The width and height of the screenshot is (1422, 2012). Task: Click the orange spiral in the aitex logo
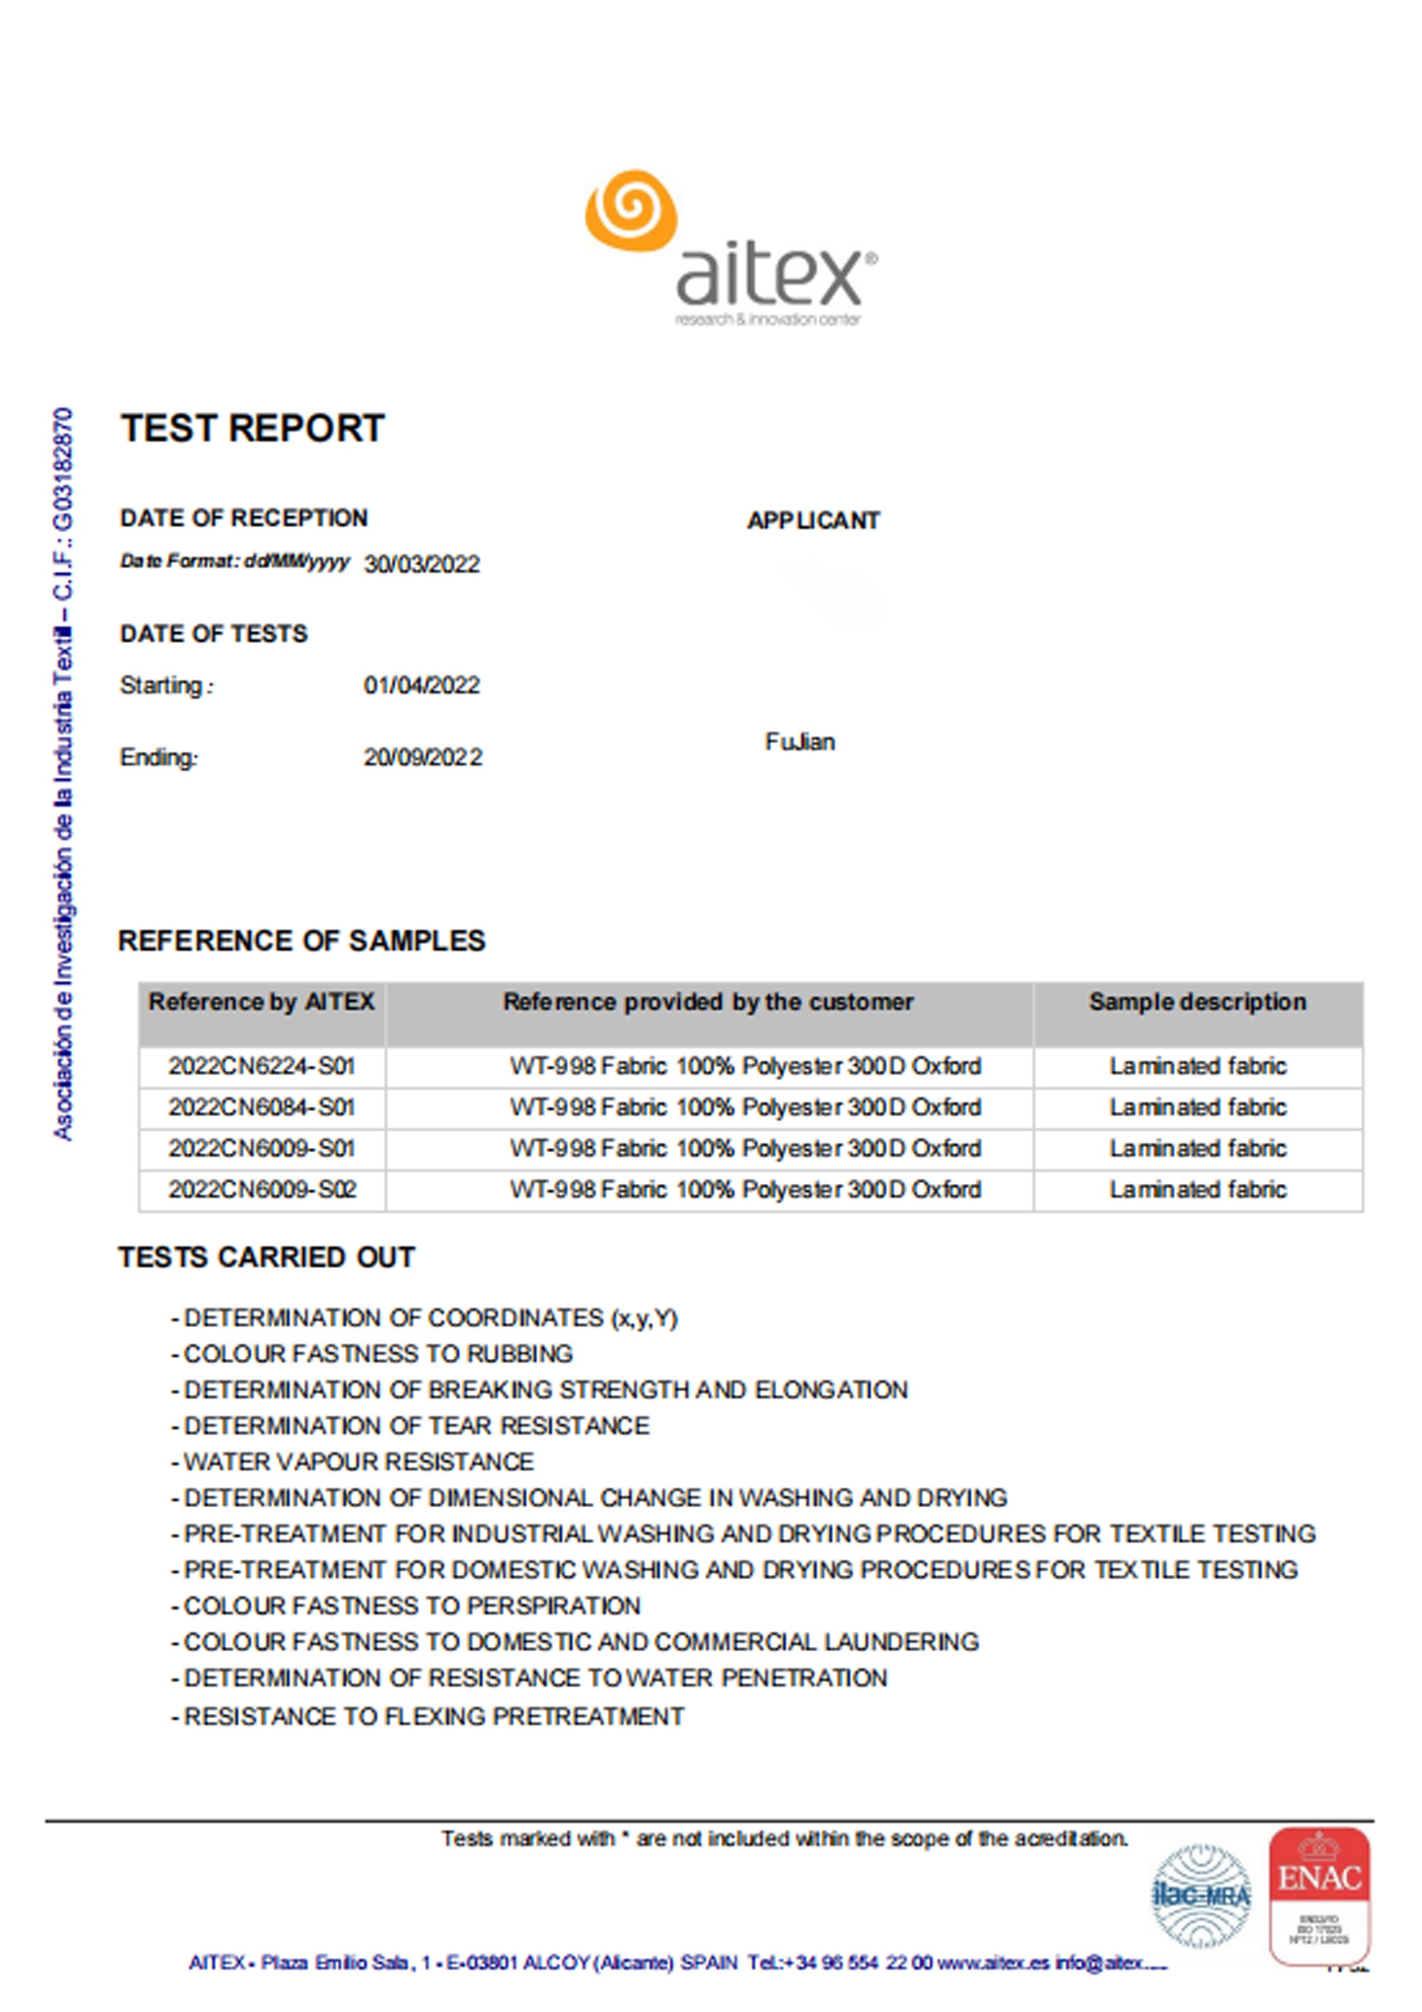coord(631,210)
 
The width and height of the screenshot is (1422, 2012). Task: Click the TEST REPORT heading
coord(252,428)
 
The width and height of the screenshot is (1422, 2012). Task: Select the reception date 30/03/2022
coord(421,564)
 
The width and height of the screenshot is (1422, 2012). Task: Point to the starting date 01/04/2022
coord(421,685)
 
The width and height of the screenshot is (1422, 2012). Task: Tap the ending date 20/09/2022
coord(423,757)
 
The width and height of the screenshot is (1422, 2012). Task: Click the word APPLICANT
coord(813,521)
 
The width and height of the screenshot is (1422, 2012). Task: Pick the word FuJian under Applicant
coord(799,742)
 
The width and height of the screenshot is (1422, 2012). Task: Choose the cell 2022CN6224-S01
coord(261,1066)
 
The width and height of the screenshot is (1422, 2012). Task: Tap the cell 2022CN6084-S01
coord(261,1108)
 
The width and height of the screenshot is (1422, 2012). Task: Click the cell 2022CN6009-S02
coord(261,1190)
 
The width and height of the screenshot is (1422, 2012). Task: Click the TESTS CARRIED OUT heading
coord(267,1257)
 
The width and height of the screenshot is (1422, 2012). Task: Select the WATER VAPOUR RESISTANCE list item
coord(357,1461)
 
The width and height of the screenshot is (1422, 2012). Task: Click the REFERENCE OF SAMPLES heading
coord(302,941)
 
